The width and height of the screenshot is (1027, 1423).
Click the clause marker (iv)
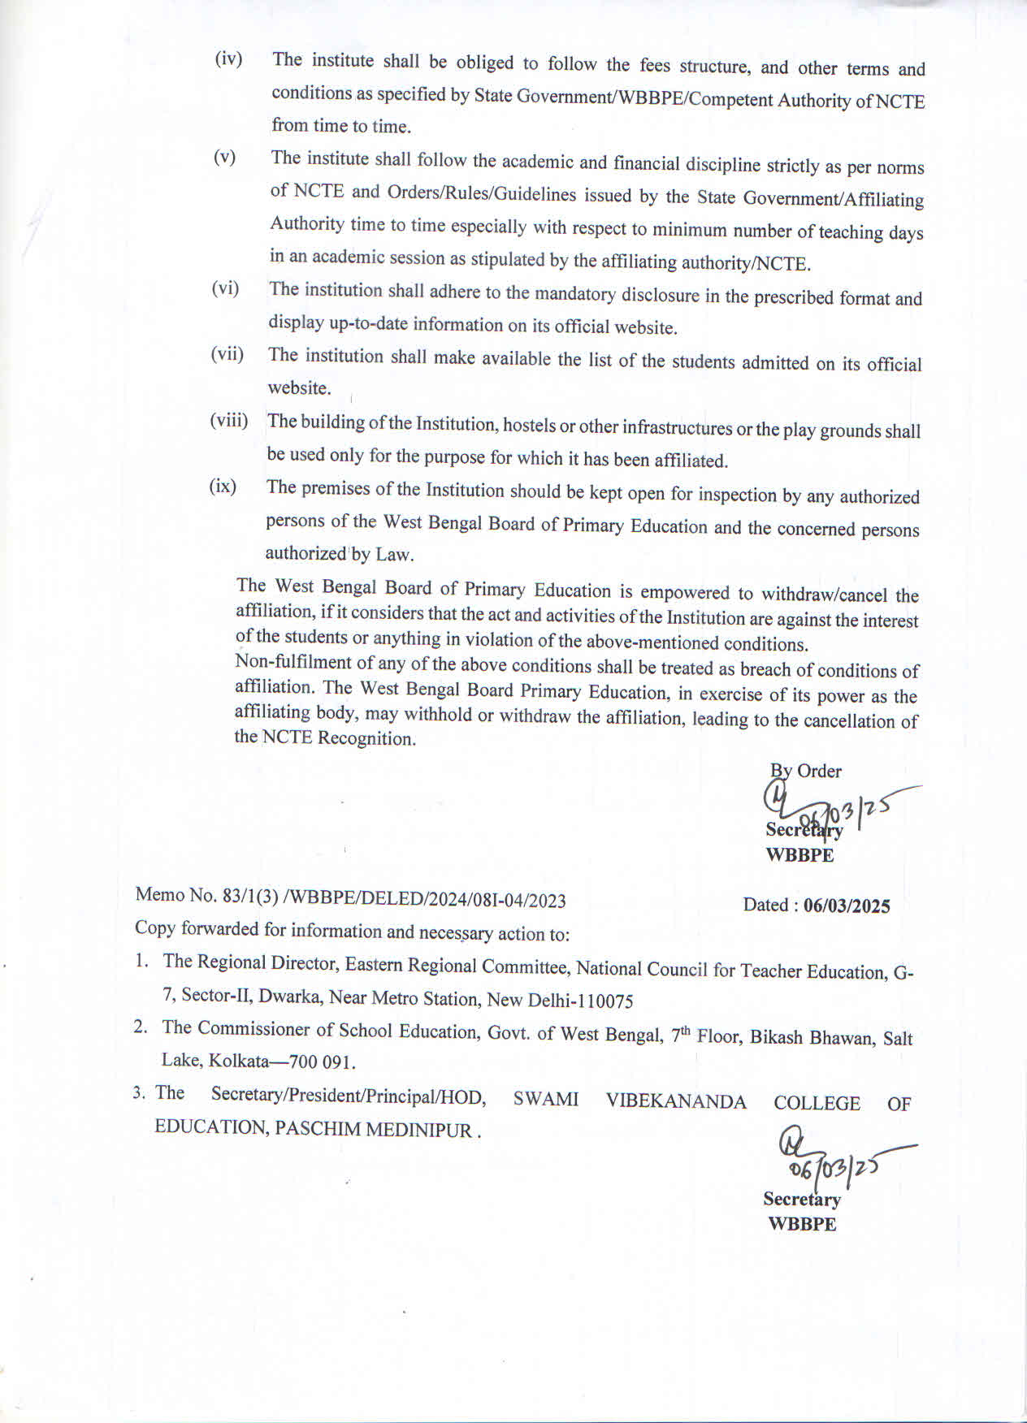point(228,58)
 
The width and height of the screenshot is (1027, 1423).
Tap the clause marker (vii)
point(227,354)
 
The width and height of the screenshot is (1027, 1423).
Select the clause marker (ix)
point(223,486)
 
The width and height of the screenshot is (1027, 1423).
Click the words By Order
point(805,771)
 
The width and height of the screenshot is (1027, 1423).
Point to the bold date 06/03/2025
point(847,906)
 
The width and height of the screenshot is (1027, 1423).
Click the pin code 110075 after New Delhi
point(603,1001)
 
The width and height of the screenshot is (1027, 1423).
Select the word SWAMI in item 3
point(545,1099)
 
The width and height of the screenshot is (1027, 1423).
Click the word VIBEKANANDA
point(675,1101)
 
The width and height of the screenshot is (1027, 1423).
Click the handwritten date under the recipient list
point(833,1167)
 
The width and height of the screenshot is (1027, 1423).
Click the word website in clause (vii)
point(299,387)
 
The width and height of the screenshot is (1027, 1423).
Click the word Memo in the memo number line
point(160,894)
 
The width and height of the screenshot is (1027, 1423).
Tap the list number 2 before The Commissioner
point(141,1027)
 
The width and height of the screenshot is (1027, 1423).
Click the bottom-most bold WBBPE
point(802,1224)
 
